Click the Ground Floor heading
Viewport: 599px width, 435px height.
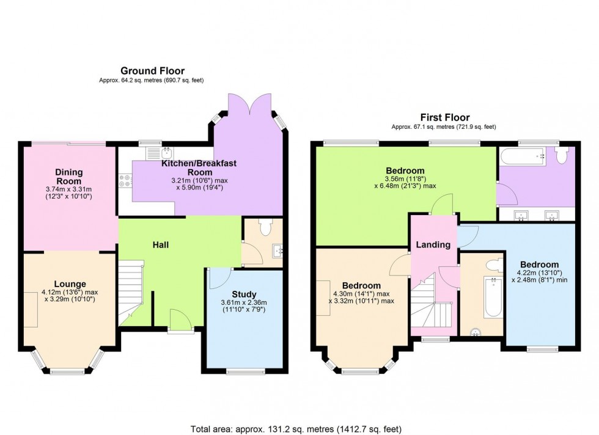(x=152, y=71)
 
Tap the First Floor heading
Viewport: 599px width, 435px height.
(x=444, y=117)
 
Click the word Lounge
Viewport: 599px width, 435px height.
(x=69, y=283)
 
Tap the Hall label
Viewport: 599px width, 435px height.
(x=161, y=245)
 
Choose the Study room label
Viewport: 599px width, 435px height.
(x=244, y=294)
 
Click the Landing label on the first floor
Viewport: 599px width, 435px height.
(x=433, y=244)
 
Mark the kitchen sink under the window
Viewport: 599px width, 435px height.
(x=166, y=152)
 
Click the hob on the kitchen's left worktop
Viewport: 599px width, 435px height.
(x=125, y=181)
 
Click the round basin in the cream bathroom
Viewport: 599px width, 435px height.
(x=476, y=332)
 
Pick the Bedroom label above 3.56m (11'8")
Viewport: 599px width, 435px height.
(x=405, y=170)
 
